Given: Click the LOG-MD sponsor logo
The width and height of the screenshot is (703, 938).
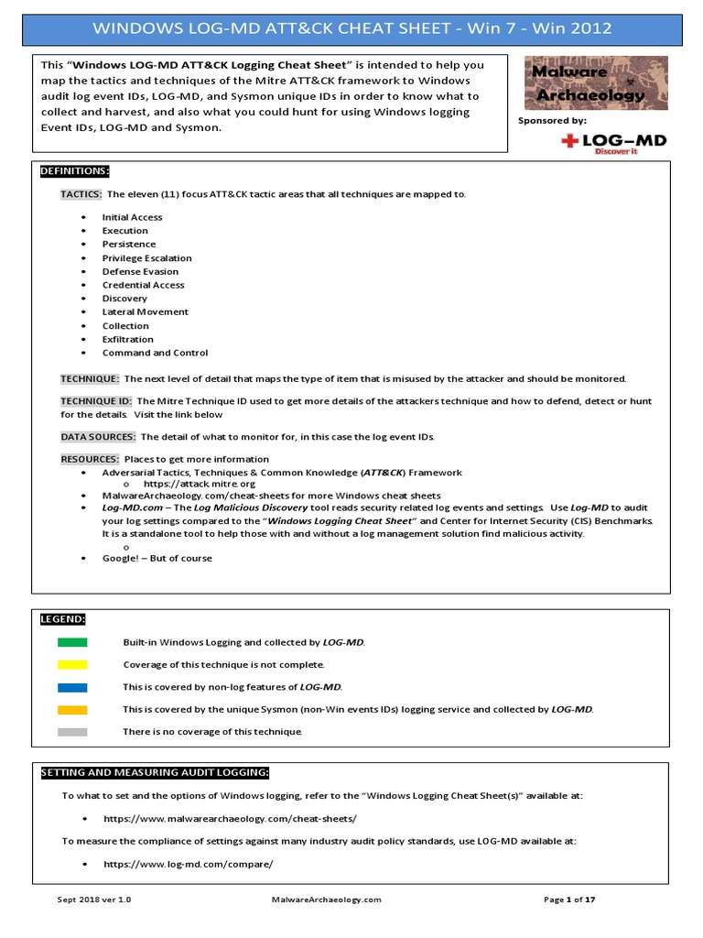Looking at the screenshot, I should click(x=612, y=143).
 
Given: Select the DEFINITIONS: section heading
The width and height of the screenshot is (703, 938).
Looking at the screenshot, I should click(x=75, y=171).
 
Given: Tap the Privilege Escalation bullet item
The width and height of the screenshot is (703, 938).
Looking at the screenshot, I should click(x=146, y=258).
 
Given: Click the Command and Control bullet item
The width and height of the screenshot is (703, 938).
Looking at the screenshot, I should click(x=155, y=353).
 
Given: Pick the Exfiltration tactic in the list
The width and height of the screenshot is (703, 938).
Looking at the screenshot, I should click(x=128, y=339).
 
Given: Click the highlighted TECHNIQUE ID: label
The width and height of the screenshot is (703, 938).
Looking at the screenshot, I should click(x=97, y=401).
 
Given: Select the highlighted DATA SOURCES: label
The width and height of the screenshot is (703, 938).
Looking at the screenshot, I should click(x=98, y=437).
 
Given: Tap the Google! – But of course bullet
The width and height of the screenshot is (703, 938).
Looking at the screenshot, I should click(x=157, y=558).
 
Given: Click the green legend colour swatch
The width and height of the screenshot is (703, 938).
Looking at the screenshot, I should click(x=72, y=642).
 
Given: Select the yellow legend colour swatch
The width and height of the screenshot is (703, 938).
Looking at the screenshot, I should click(x=72, y=664).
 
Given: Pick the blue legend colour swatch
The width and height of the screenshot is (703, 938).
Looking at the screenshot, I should click(x=72, y=687).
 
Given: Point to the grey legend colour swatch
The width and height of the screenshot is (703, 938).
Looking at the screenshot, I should click(x=72, y=732).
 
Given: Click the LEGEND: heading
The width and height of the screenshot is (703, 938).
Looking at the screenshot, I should click(x=62, y=619).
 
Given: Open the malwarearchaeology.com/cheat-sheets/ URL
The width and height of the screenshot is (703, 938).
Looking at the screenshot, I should click(x=230, y=818).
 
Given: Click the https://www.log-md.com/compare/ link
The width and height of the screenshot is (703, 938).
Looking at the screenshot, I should click(x=189, y=864).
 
